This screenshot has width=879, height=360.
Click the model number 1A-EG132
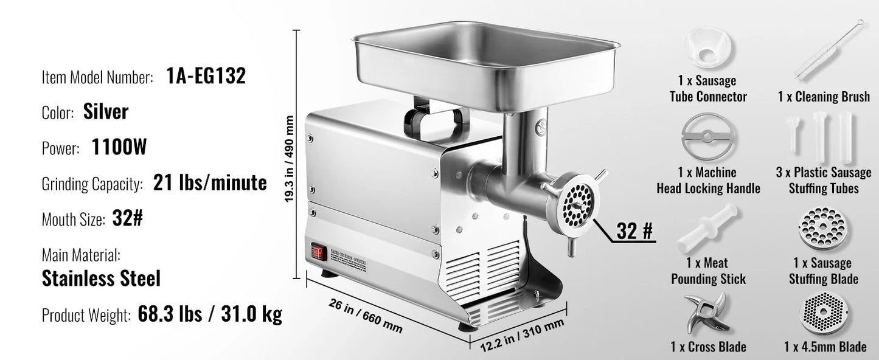click(206, 76)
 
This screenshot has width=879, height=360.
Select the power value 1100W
click(119, 147)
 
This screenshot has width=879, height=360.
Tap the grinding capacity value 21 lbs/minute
click(210, 183)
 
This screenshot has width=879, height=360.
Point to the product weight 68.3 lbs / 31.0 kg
click(210, 314)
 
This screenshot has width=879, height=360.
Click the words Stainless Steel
click(101, 279)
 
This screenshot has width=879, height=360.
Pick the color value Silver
click(105, 112)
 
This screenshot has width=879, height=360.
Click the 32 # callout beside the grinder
click(634, 230)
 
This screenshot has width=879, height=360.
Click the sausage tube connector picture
click(709, 49)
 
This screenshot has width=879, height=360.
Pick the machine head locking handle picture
click(708, 138)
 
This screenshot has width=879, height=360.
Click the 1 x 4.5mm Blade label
click(825, 347)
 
